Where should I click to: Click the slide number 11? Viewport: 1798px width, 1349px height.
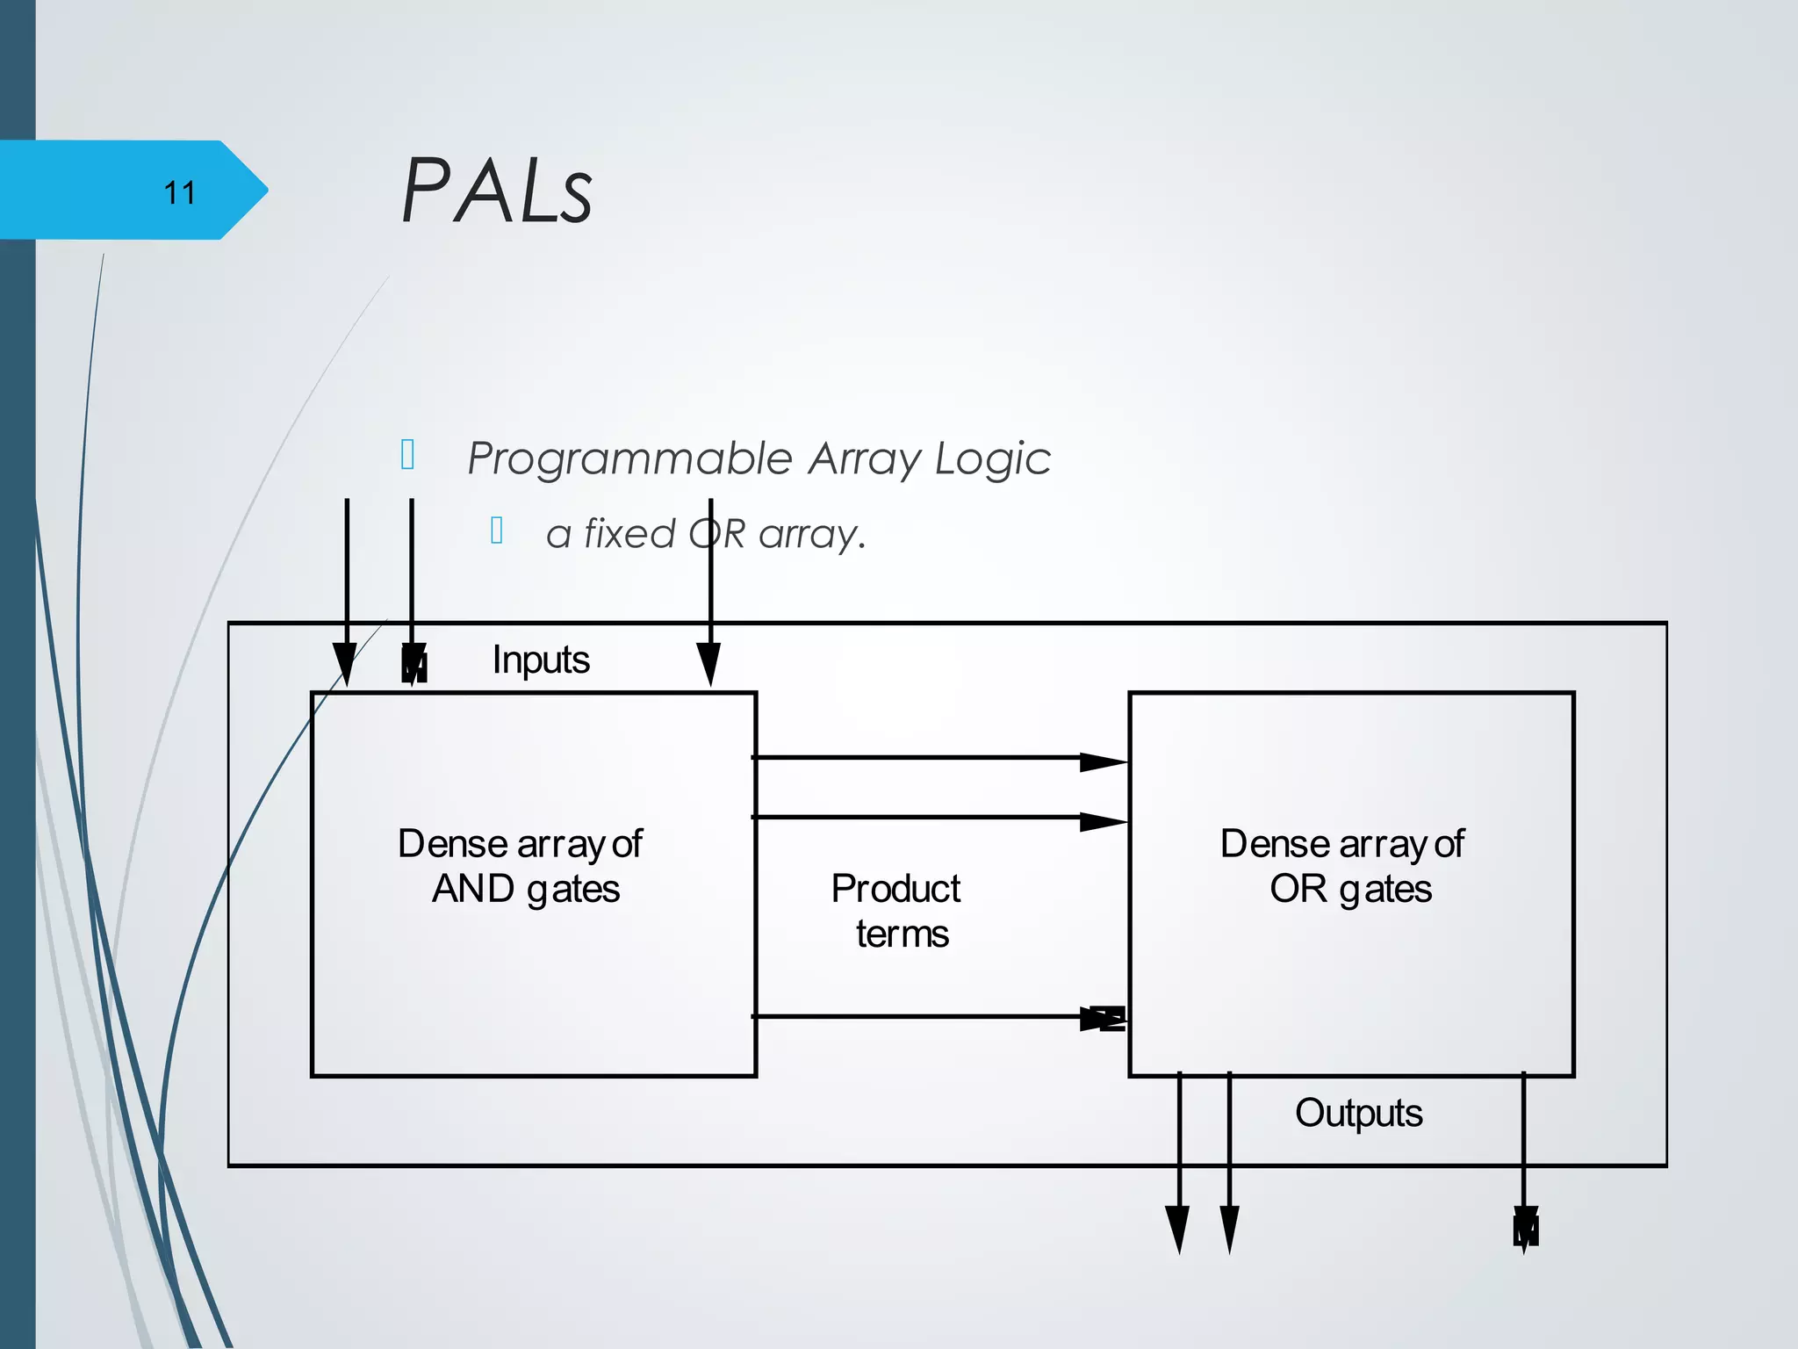pyautogui.click(x=179, y=192)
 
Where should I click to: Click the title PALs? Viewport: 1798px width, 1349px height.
pyautogui.click(x=497, y=191)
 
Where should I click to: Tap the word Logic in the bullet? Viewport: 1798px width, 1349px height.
pyautogui.click(x=992, y=459)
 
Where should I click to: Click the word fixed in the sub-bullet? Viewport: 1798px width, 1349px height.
pyautogui.click(x=629, y=533)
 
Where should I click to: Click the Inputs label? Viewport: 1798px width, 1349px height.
pyautogui.click(x=540, y=660)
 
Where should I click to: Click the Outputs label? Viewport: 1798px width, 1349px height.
pyautogui.click(x=1357, y=1113)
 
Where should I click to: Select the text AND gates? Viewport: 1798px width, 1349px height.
pyautogui.click(x=525, y=889)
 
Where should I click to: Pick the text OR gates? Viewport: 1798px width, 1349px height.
pyautogui.click(x=1349, y=889)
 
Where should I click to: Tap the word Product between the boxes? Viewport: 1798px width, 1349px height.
pyautogui.click(x=895, y=889)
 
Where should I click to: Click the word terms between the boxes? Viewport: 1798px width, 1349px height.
pyautogui.click(x=902, y=934)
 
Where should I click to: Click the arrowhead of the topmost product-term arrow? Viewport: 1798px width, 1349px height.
pyautogui.click(x=1103, y=761)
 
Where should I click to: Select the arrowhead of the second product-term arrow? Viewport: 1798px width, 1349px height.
pyautogui.click(x=1103, y=822)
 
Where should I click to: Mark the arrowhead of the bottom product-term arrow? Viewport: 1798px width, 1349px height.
pyautogui.click(x=1103, y=1019)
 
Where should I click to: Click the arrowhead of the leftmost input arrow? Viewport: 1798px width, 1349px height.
pyautogui.click(x=346, y=663)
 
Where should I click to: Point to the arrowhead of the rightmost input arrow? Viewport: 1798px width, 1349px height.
pyautogui.click(x=709, y=663)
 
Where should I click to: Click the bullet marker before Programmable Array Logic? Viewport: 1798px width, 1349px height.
pyautogui.click(x=407, y=455)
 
